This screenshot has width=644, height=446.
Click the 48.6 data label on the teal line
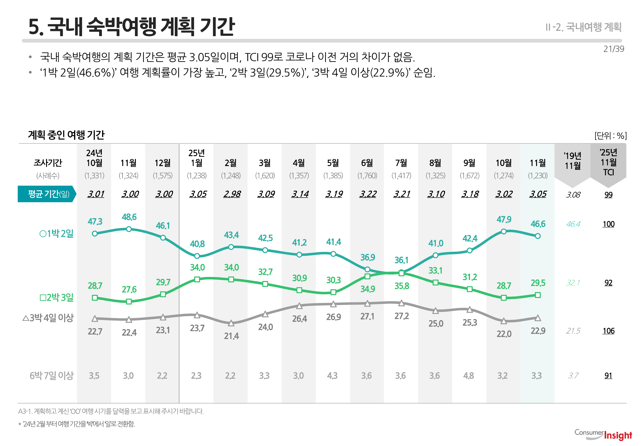(129, 217)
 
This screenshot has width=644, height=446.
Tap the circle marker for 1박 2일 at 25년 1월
(197, 256)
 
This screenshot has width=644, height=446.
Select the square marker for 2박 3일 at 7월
(401, 273)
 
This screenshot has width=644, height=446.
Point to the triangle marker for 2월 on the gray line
(231, 323)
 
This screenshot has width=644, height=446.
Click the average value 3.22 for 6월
(368, 194)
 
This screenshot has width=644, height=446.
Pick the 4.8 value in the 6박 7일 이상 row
(469, 376)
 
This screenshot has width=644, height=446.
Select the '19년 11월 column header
(573, 161)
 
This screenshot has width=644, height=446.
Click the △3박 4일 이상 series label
(48, 318)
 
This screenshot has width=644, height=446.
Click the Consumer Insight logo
(603, 435)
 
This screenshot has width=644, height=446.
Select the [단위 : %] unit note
(610, 136)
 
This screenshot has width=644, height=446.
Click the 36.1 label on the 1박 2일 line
(401, 260)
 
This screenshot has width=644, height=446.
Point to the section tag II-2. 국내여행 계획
(583, 27)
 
